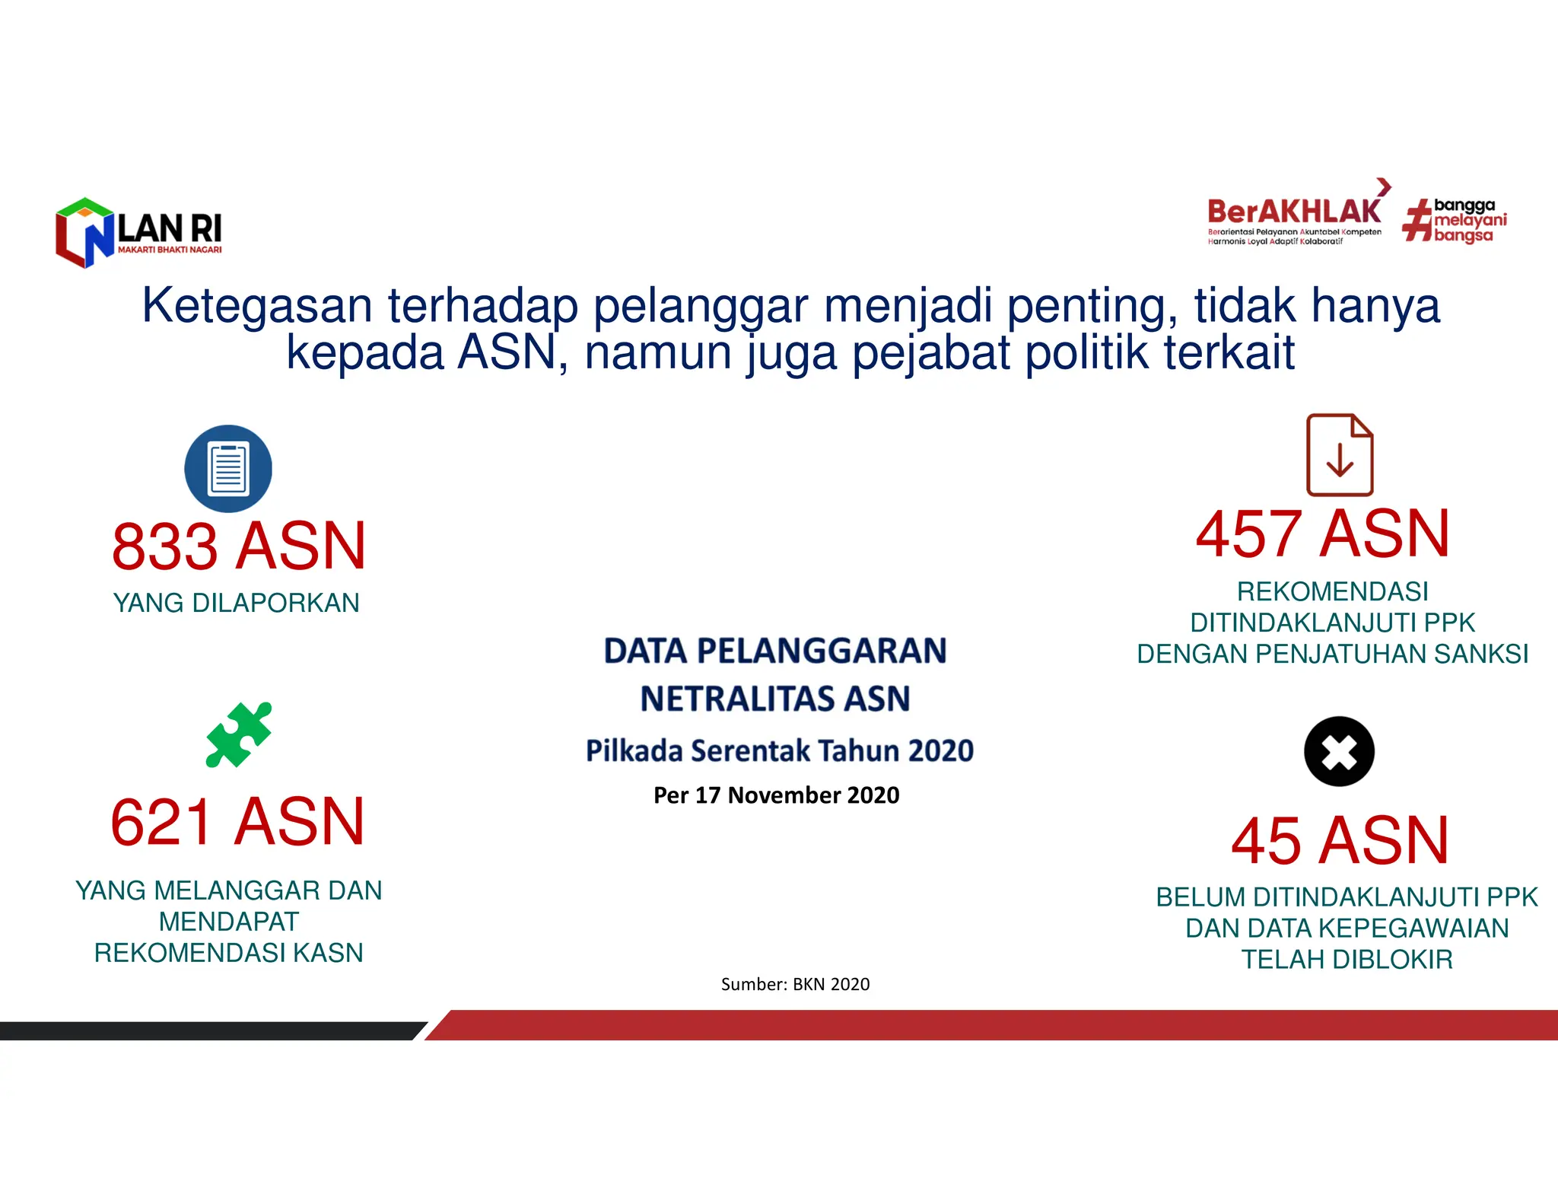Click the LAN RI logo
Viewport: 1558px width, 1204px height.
pos(138,233)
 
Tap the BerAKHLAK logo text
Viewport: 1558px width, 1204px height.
pos(1293,211)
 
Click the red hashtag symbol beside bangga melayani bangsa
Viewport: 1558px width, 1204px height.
pos(1416,221)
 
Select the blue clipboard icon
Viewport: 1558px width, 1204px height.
pos(228,468)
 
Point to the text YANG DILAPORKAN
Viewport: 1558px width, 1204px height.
pos(236,603)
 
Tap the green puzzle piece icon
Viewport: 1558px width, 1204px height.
pos(238,734)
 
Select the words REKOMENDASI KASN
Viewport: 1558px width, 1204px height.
pos(228,953)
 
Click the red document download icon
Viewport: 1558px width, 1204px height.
pos(1340,455)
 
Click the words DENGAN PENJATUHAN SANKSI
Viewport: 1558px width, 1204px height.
pos(1332,654)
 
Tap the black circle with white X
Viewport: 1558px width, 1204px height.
pos(1339,752)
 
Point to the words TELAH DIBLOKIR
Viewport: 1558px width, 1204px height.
pos(1347,960)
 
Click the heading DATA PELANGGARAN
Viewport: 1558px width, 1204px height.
pos(775,651)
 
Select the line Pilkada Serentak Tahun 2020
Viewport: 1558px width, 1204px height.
pos(779,751)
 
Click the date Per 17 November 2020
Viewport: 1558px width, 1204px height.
pos(776,795)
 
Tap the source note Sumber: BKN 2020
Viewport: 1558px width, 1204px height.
pos(795,984)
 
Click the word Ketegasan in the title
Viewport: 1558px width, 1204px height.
pos(256,306)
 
